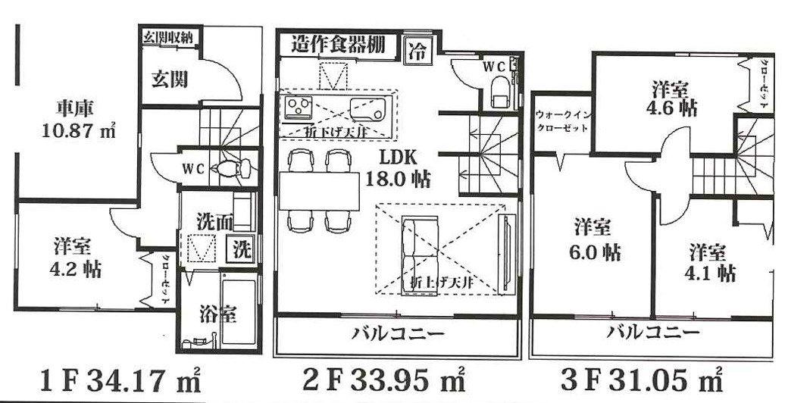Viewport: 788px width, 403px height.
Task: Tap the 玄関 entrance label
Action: [x=170, y=79]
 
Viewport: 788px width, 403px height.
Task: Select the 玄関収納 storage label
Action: [x=170, y=36]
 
